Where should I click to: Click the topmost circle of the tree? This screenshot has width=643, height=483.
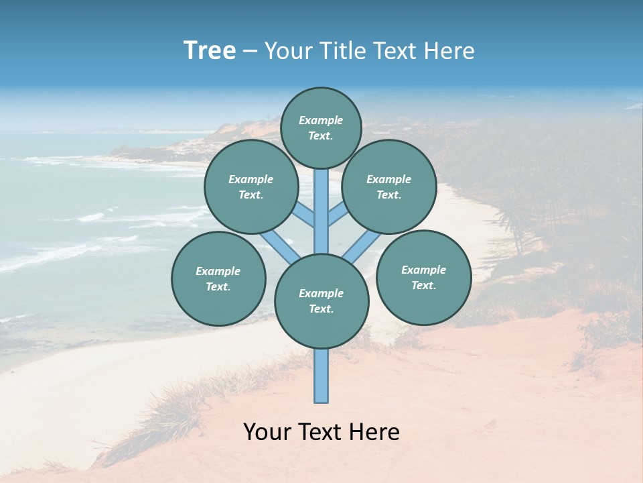coord(321,127)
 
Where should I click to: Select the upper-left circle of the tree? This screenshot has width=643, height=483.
coord(251,186)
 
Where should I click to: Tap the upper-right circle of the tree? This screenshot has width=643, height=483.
coord(389,186)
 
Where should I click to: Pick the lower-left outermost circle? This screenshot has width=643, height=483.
coord(218,278)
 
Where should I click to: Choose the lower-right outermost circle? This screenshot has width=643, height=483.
coord(423,277)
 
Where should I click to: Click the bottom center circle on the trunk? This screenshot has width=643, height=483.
coord(321,301)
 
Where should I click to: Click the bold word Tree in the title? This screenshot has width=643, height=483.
coord(210,51)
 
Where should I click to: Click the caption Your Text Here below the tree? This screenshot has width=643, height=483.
coord(321,432)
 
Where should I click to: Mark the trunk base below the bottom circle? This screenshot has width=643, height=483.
coord(321,376)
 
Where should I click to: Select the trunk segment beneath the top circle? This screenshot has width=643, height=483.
coord(321,208)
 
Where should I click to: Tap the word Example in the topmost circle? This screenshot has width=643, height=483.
coord(321,120)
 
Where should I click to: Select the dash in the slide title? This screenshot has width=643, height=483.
coord(250,51)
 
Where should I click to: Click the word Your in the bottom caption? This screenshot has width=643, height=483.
coord(267,432)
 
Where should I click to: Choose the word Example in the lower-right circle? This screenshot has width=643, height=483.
coord(423,270)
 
